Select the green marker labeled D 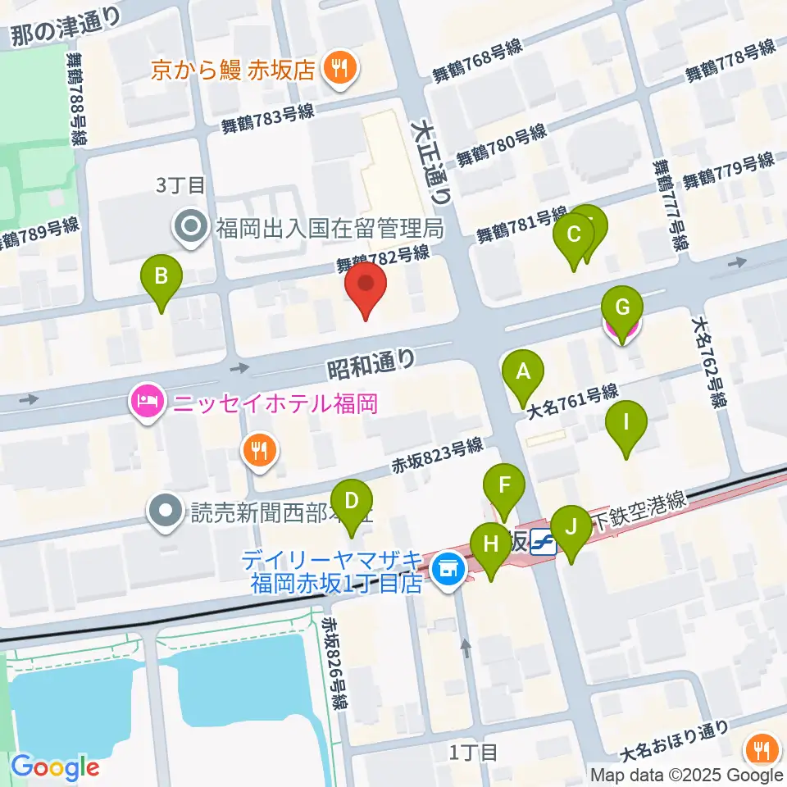point(351,503)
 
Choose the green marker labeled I point(626,425)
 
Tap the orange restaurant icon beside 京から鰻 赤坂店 point(339,69)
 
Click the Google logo point(55,767)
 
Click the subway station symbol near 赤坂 point(544,543)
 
